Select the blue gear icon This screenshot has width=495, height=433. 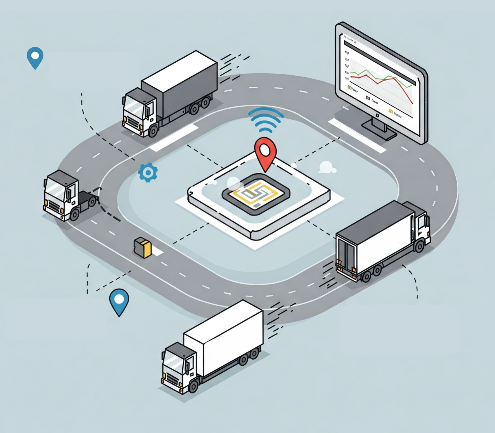click(148, 172)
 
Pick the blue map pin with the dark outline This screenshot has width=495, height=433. click(119, 300)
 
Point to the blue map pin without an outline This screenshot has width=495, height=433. click(35, 57)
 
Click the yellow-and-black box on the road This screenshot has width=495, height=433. click(143, 247)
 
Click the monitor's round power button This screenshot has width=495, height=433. click(377, 115)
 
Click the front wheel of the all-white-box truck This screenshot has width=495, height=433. click(193, 386)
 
